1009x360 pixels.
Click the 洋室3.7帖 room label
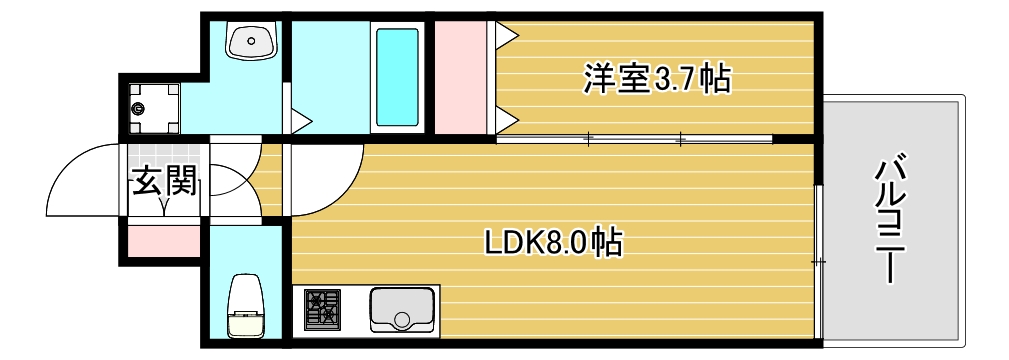(x=656, y=78)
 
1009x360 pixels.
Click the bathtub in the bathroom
(x=396, y=77)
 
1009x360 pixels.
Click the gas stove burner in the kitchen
(x=322, y=309)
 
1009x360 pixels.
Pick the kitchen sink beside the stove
(x=403, y=309)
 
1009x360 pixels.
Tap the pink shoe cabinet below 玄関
(x=162, y=240)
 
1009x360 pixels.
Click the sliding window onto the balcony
(x=817, y=262)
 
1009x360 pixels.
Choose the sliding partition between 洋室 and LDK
(x=634, y=138)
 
